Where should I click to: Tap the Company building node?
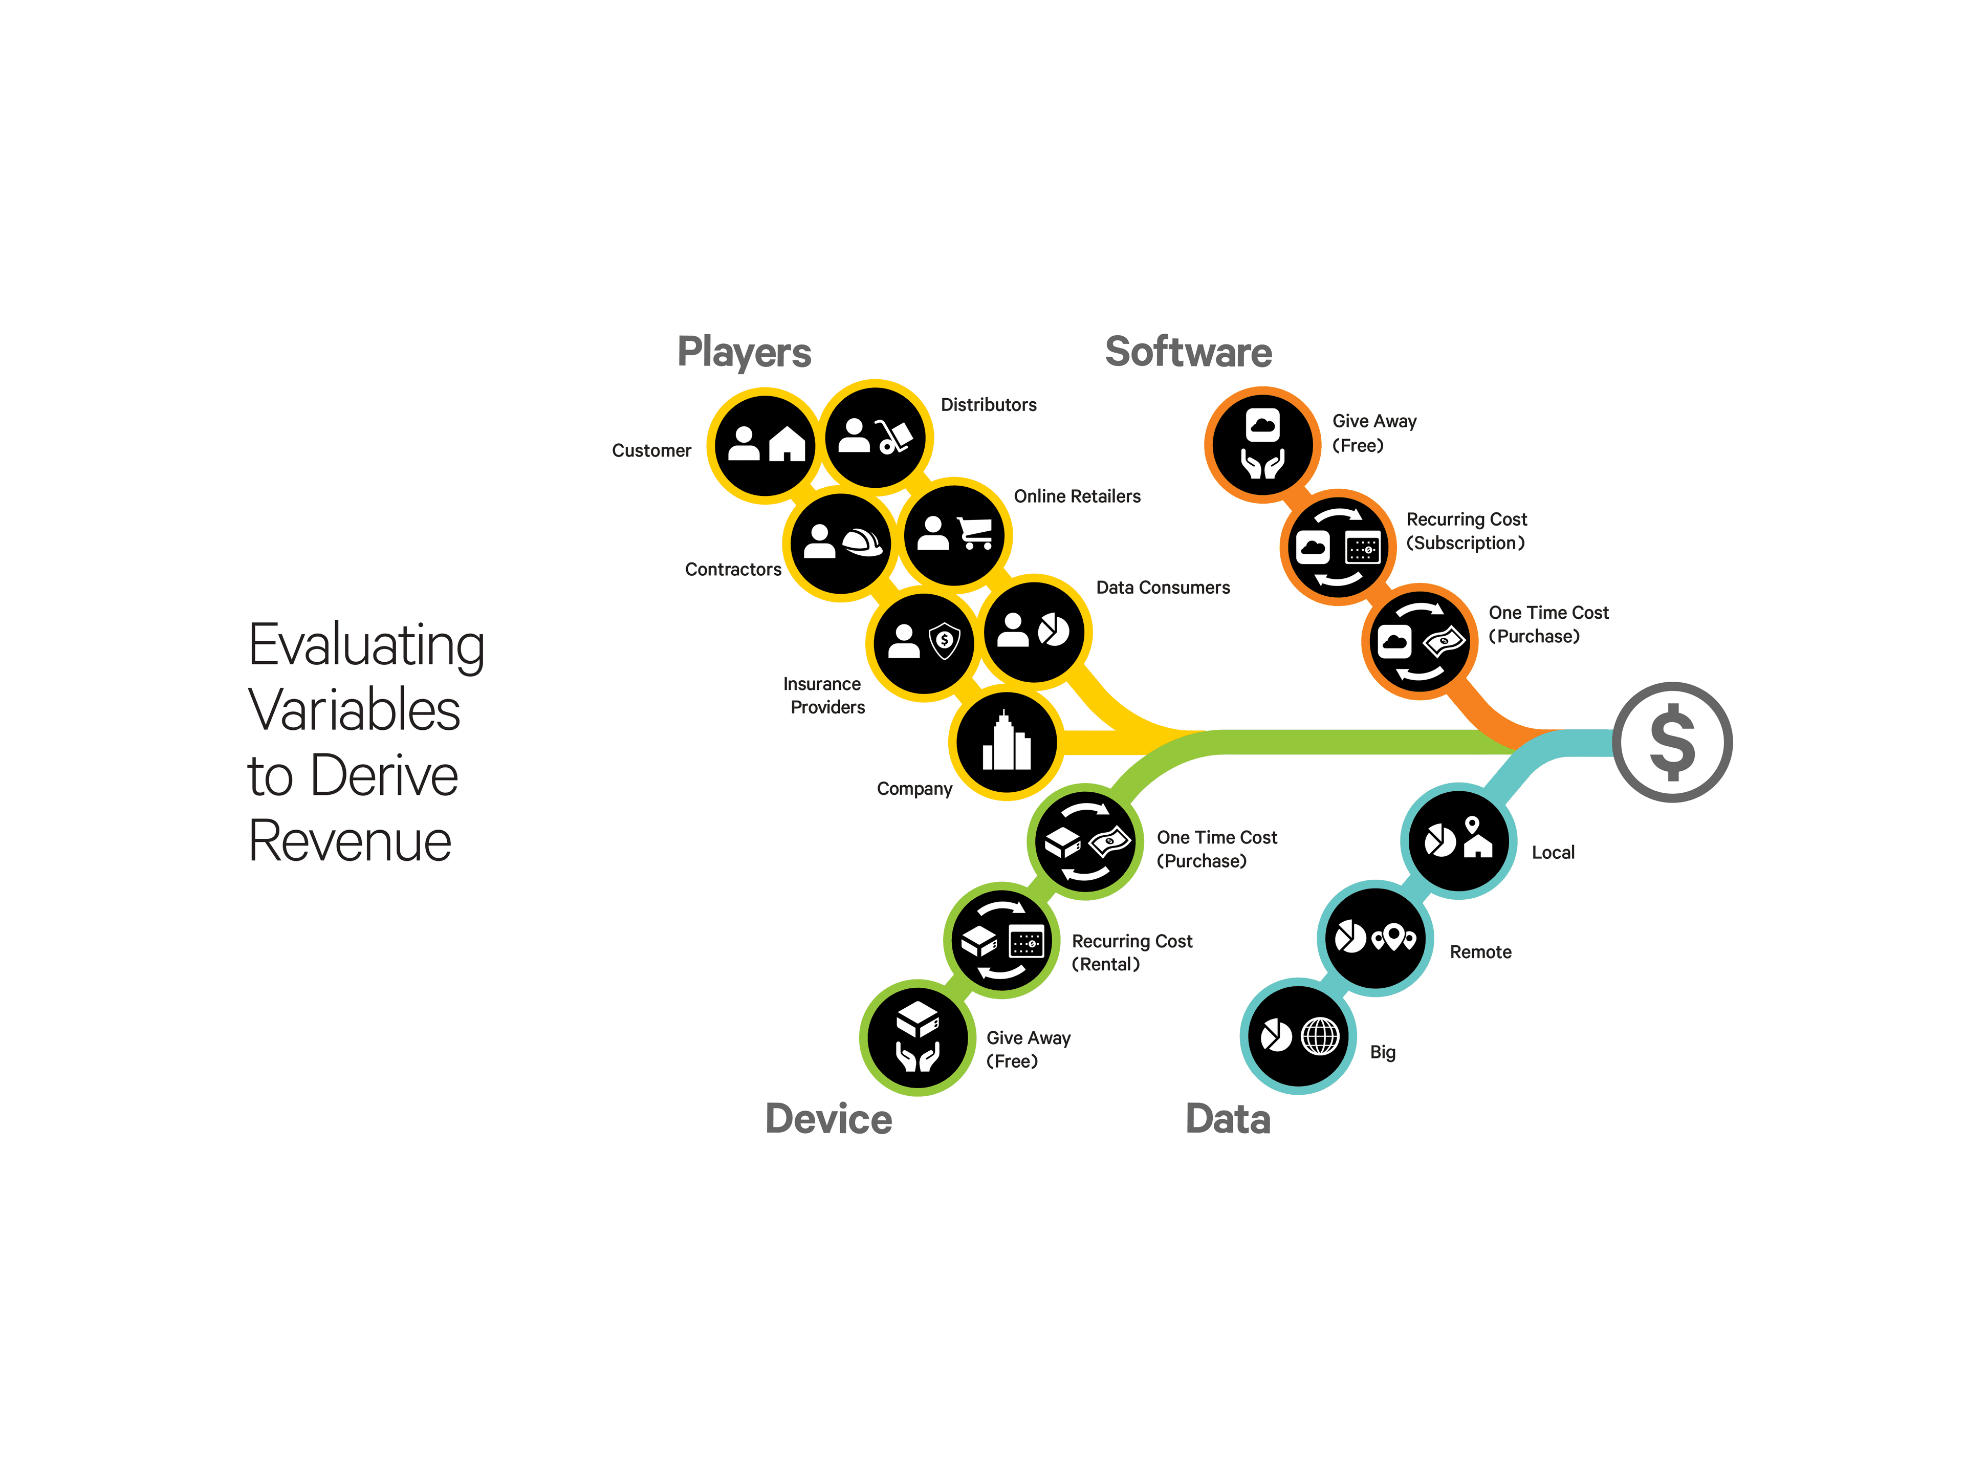[1006, 743]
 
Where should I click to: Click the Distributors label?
[988, 405]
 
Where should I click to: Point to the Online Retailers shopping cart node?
[954, 535]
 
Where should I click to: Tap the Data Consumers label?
[1162, 587]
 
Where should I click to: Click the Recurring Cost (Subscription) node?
[1337, 547]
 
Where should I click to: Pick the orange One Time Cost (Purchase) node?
[1418, 641]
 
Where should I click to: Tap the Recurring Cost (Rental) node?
[1001, 940]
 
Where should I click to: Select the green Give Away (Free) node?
[917, 1037]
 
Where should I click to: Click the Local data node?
[1458, 840]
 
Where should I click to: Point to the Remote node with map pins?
[1374, 938]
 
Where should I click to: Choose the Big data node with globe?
[1297, 1036]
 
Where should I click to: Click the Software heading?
[1188, 352]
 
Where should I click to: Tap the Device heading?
[828, 1119]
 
